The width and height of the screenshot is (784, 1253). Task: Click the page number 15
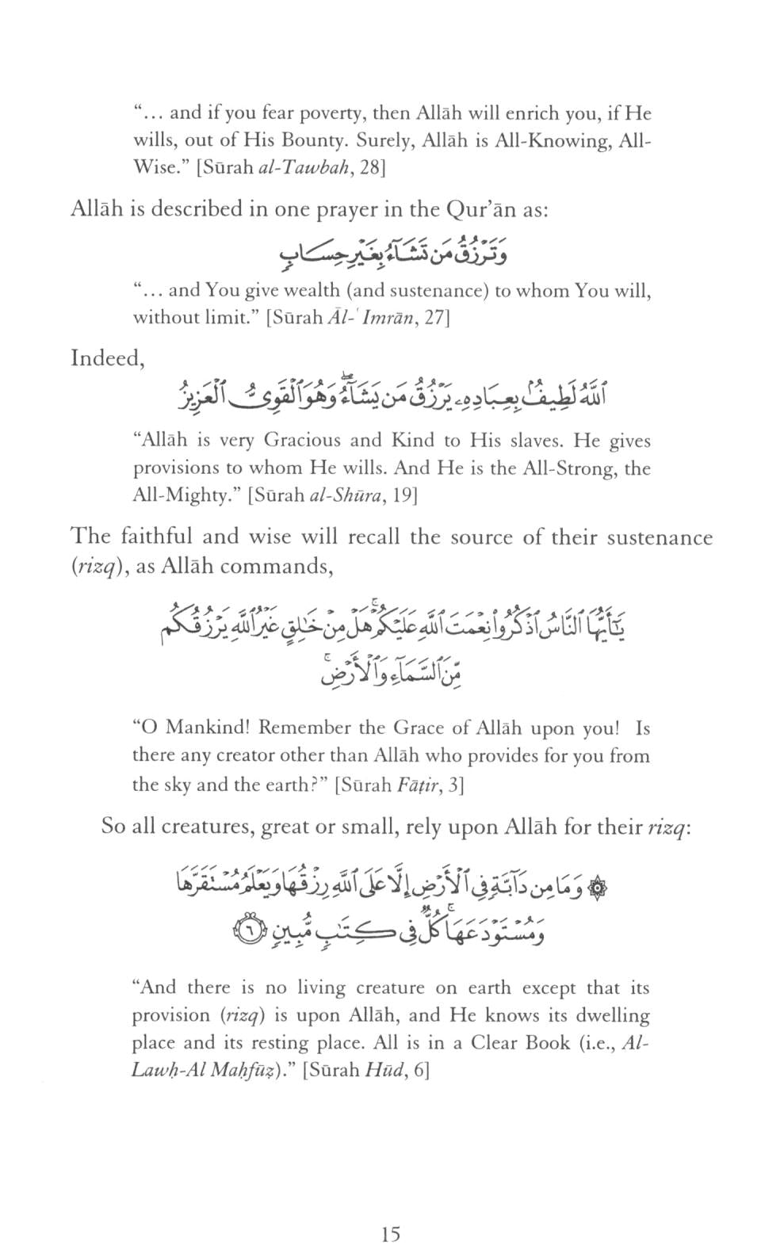[x=391, y=1233]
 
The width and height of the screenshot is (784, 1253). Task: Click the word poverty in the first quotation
[x=327, y=113]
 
